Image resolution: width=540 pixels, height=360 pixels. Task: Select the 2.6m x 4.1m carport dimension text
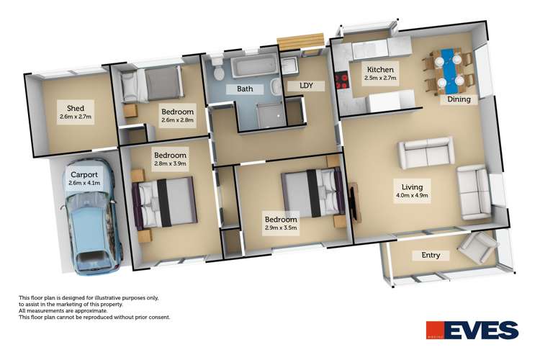click(84, 183)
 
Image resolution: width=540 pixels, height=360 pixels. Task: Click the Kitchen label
click(380, 69)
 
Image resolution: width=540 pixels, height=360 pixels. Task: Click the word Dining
click(459, 99)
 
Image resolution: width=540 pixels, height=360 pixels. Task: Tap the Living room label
click(413, 186)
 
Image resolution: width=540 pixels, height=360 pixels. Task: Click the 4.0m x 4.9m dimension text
click(413, 196)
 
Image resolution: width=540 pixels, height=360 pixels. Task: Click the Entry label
click(426, 256)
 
